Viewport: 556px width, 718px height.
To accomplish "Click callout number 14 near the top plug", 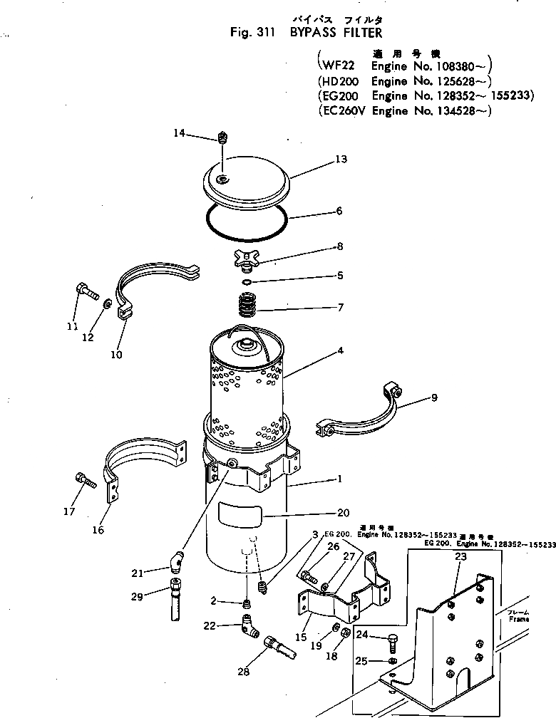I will click(178, 132).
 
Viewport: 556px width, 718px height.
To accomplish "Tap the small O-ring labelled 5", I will click(246, 283).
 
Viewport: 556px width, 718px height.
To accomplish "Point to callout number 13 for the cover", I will click(341, 160).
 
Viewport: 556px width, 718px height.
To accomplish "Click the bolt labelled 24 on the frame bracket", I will click(393, 643).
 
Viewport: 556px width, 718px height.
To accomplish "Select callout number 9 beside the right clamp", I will click(434, 398).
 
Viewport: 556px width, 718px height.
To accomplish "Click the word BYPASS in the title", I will click(314, 33).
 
